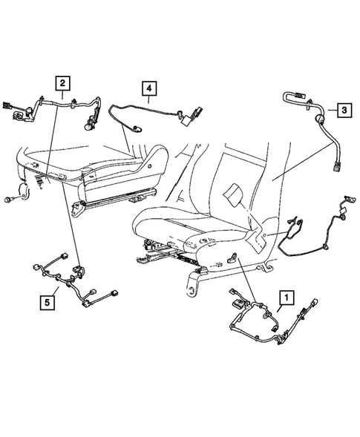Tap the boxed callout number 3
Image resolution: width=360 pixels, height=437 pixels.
pyautogui.click(x=345, y=111)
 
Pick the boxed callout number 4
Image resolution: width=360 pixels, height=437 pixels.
pyautogui.click(x=150, y=90)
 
